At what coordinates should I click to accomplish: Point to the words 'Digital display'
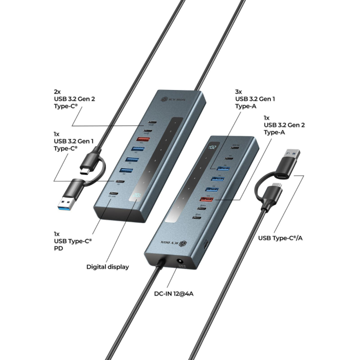coord(107,267)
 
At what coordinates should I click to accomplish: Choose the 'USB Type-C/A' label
coord(280,238)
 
